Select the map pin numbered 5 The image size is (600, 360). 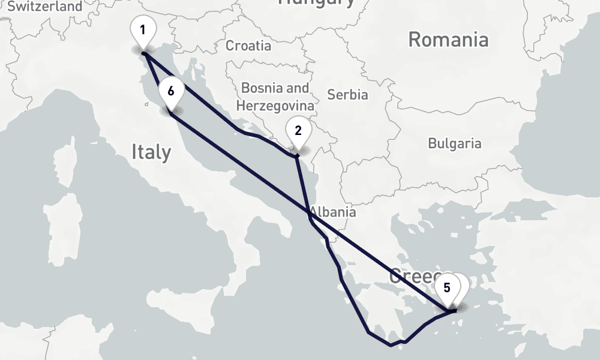tap(446, 289)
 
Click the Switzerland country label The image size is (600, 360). tap(46, 7)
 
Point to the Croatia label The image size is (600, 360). tap(248, 45)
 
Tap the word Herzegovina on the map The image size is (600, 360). tap(275, 106)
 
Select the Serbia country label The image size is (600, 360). tap(347, 94)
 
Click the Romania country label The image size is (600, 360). tap(448, 40)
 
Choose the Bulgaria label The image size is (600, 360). tap(454, 143)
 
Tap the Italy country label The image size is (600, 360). tap(151, 152)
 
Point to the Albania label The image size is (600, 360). tap(333, 212)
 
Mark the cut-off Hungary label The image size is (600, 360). tap(316, 3)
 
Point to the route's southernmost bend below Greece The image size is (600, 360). tap(391, 345)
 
